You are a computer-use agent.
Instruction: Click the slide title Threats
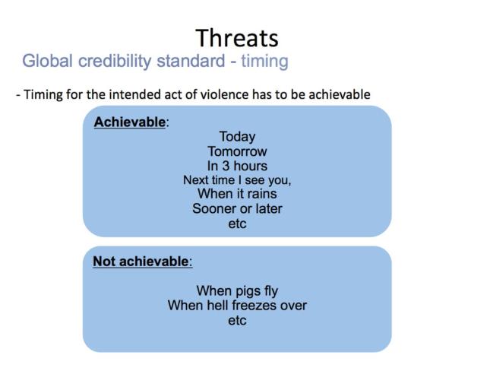(x=237, y=38)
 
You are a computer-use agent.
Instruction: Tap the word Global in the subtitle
(x=48, y=60)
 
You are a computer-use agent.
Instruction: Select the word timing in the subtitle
(x=264, y=62)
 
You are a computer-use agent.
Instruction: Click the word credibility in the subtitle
(x=115, y=62)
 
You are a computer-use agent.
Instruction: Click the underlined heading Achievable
(x=130, y=122)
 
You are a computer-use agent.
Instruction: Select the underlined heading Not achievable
(x=141, y=262)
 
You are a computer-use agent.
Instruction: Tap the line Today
(x=237, y=137)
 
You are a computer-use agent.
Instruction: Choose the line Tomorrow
(x=237, y=151)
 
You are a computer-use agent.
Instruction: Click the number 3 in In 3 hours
(x=226, y=166)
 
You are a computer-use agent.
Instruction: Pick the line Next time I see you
(x=237, y=180)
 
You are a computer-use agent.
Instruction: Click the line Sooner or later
(x=237, y=209)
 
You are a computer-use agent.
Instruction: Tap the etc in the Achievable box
(x=237, y=224)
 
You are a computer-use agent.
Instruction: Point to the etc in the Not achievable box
(x=237, y=320)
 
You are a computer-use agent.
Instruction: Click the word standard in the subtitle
(x=191, y=61)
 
